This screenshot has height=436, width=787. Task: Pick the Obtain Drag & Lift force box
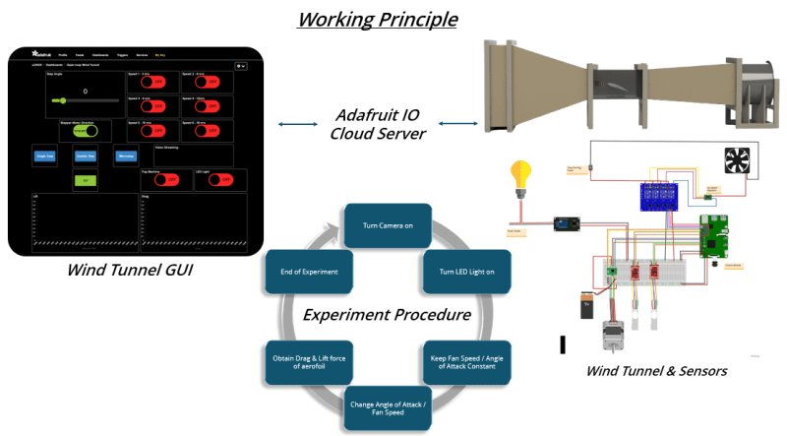tap(307, 361)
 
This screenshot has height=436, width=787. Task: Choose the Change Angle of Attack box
tap(389, 409)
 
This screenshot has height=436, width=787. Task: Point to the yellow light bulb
tap(518, 178)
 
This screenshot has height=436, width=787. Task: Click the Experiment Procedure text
tap(386, 316)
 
